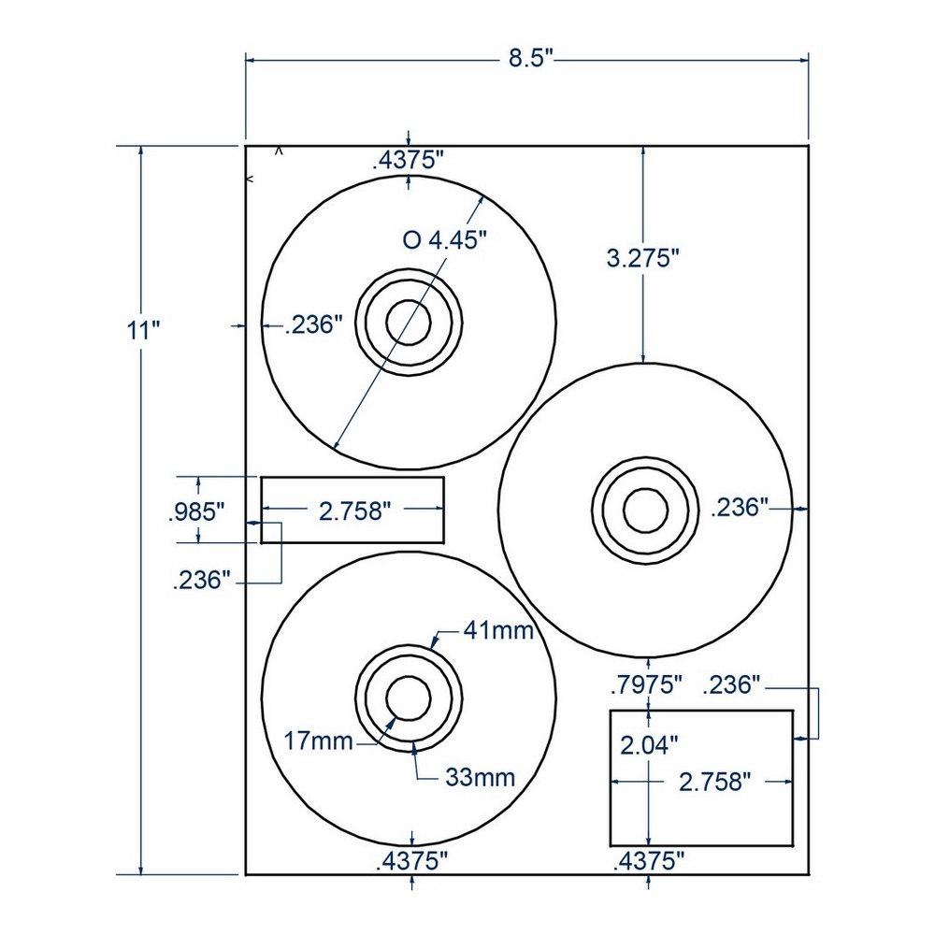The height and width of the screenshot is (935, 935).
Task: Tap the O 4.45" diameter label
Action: point(446,240)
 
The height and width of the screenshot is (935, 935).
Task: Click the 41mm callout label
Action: point(498,631)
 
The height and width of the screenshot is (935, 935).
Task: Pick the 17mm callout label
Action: point(320,742)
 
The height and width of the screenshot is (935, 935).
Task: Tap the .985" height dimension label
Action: point(197,511)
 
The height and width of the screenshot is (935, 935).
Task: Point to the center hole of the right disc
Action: point(645,510)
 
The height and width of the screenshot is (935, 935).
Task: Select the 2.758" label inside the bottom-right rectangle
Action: point(716,782)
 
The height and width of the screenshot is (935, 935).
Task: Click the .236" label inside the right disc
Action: point(739,508)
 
